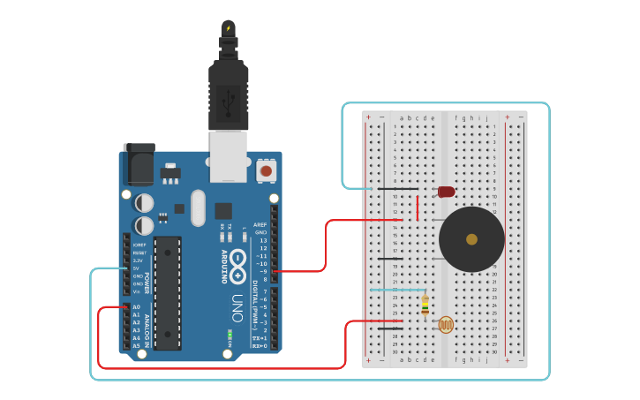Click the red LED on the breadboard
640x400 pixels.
click(446, 192)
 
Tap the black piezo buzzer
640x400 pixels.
click(471, 239)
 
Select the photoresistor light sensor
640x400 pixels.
click(447, 325)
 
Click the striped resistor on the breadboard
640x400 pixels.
click(425, 305)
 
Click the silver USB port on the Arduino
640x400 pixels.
click(228, 156)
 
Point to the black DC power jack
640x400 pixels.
click(139, 164)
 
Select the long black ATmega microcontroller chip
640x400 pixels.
click(167, 291)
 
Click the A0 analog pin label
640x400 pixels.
click(136, 307)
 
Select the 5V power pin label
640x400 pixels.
click(137, 268)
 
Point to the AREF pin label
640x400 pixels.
click(260, 225)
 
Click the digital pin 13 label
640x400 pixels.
click(261, 240)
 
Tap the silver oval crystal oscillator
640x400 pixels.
click(198, 208)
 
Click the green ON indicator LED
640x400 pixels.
click(230, 336)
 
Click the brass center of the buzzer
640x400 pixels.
click(471, 239)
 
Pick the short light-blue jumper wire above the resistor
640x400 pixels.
click(397, 289)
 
